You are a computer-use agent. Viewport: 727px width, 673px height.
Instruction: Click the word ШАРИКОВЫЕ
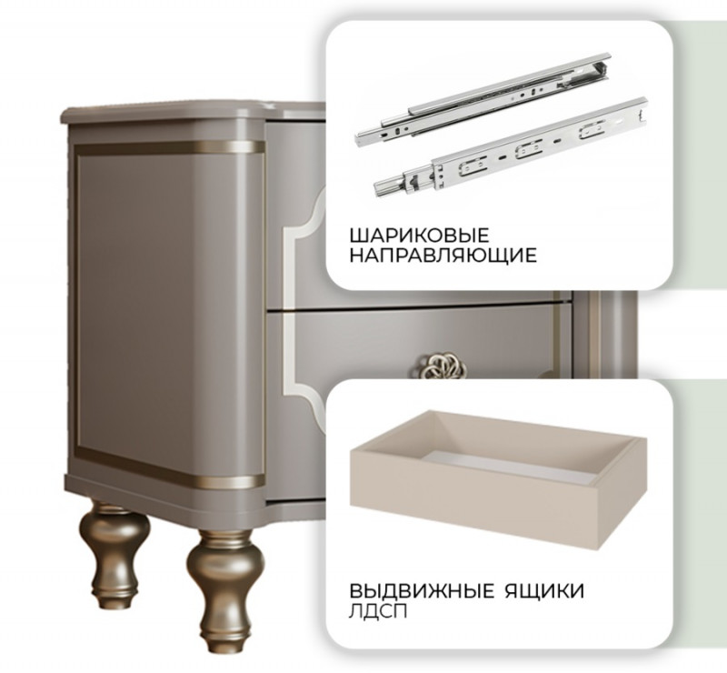[x=419, y=236]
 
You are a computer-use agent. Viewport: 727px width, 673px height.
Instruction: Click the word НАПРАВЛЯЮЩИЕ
[x=443, y=256]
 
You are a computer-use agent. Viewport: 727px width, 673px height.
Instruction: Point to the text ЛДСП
[x=378, y=611]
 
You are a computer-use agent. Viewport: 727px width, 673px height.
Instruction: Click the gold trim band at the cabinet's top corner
[x=169, y=148]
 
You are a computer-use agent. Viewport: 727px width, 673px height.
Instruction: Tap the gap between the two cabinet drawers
[x=417, y=306]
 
